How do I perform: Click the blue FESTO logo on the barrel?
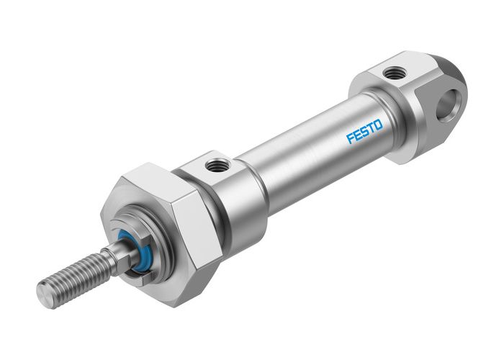(x=365, y=132)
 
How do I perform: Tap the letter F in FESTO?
(x=351, y=138)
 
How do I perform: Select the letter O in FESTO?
(x=379, y=125)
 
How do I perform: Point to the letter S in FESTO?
(x=364, y=132)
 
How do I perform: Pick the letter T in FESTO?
(x=372, y=128)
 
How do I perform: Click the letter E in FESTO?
(x=357, y=135)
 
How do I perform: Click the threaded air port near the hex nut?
(x=215, y=167)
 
